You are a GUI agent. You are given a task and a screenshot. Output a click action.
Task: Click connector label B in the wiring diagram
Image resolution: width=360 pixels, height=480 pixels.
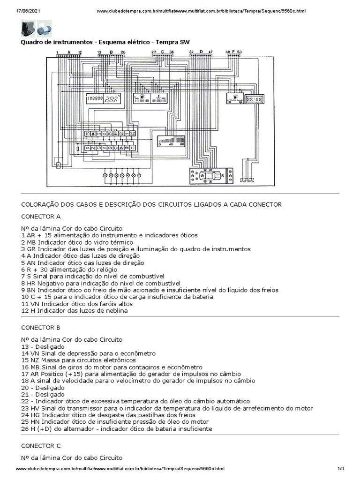point(111,52)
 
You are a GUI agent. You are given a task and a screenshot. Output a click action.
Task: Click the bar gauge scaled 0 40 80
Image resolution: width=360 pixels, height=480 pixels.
point(172,141)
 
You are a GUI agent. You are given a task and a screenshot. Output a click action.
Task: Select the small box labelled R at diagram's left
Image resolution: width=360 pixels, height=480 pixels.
point(58,165)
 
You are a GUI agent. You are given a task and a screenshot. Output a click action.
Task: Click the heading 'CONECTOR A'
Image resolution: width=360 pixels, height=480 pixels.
point(41,217)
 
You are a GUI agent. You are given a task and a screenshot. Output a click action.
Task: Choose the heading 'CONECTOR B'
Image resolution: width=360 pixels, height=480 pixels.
point(41,327)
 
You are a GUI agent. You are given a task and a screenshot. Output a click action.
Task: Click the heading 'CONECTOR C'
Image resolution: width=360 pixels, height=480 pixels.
point(41,445)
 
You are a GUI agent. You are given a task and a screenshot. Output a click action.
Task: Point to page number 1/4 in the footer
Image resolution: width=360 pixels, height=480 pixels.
point(341,469)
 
